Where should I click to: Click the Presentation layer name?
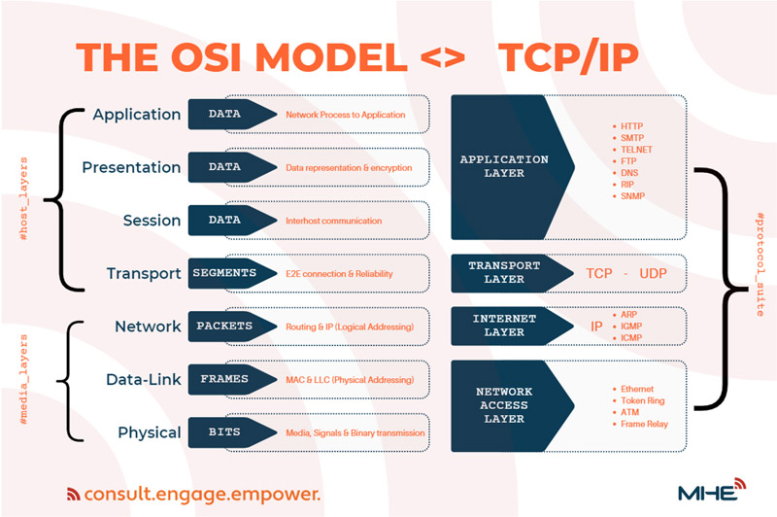131,167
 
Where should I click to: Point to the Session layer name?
152,220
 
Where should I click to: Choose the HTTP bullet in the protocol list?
627,126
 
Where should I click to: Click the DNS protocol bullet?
625,173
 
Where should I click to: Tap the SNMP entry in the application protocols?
628,196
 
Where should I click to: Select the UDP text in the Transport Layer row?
653,273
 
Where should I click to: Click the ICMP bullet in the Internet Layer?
627,338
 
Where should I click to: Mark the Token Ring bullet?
639,400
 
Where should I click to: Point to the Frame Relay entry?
640,424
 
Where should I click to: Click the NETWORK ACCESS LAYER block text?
504,405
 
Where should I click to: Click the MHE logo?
712,490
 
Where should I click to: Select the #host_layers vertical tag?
23,199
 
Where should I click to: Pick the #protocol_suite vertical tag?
760,264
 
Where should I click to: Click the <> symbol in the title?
443,57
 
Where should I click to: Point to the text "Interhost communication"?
333,221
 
